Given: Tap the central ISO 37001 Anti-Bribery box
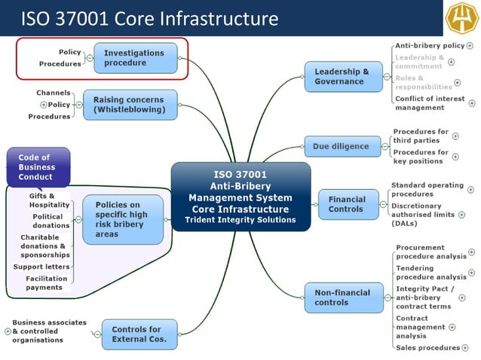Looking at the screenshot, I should click(x=240, y=196).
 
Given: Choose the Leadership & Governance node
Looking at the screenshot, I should click(x=342, y=76).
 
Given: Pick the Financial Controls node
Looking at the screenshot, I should click(x=347, y=204).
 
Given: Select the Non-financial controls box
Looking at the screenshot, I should click(x=342, y=297).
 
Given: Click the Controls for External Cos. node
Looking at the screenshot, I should click(x=136, y=334).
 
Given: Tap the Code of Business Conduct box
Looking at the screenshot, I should click(x=37, y=167).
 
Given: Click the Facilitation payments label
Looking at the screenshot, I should click(x=46, y=282).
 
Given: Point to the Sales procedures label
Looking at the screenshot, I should click(x=427, y=348).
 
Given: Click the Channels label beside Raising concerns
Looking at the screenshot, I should click(x=53, y=93).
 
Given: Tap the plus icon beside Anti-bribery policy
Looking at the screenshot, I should click(x=470, y=46).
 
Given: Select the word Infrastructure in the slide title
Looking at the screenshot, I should click(x=220, y=18).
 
